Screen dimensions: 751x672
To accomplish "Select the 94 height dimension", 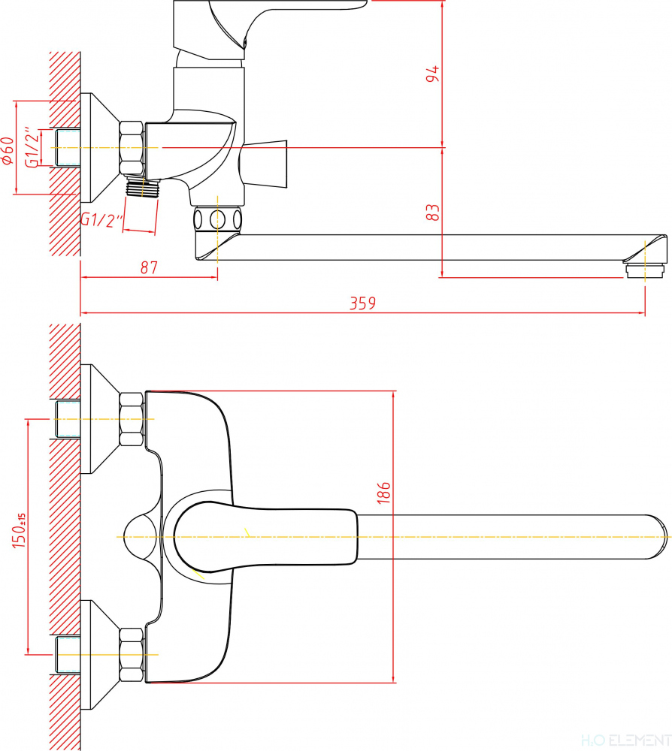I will (x=431, y=75).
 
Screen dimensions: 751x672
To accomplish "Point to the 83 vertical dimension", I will (x=431, y=213).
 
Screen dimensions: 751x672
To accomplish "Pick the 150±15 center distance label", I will (x=19, y=529).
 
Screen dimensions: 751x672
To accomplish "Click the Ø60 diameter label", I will (x=8, y=150).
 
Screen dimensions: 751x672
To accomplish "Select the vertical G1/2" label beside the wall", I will (x=32, y=148).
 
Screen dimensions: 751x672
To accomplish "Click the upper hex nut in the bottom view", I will (x=132, y=419).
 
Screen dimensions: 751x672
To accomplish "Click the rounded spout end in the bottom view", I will (x=654, y=537).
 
